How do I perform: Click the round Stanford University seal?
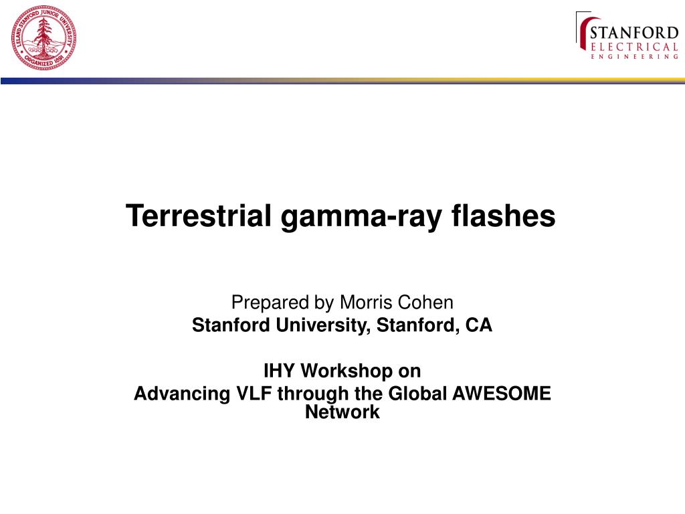43,38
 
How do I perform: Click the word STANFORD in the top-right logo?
634,33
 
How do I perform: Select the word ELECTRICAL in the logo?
634,48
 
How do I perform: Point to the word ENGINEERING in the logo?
634,57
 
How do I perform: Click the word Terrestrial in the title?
199,216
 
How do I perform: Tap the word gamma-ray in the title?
361,218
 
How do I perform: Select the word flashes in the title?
503,216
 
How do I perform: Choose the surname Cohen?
425,303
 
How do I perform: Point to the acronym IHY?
279,371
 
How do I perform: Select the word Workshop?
347,371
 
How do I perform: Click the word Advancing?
182,394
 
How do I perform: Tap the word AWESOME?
502,394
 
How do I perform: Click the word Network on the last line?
342,412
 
